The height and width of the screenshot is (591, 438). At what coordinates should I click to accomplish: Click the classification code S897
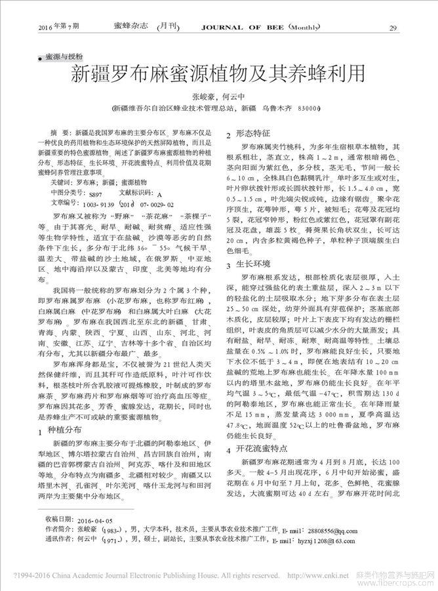96,195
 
